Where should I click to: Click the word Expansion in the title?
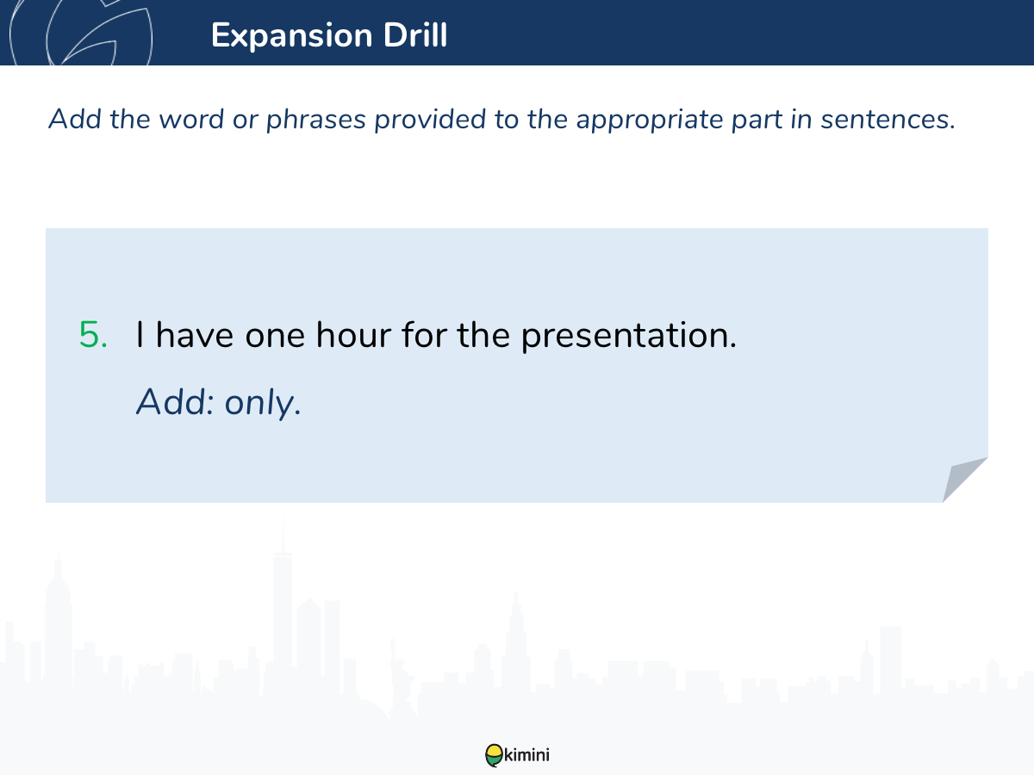pos(292,36)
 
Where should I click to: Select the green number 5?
pos(93,335)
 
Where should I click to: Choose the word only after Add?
pos(263,404)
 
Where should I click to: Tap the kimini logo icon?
pos(494,755)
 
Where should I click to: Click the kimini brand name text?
pos(526,755)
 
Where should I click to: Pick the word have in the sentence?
pos(194,335)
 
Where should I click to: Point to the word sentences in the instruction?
pos(888,120)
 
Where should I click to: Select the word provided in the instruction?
pos(430,119)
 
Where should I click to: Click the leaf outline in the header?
pos(82,33)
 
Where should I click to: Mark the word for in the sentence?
pos(423,335)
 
